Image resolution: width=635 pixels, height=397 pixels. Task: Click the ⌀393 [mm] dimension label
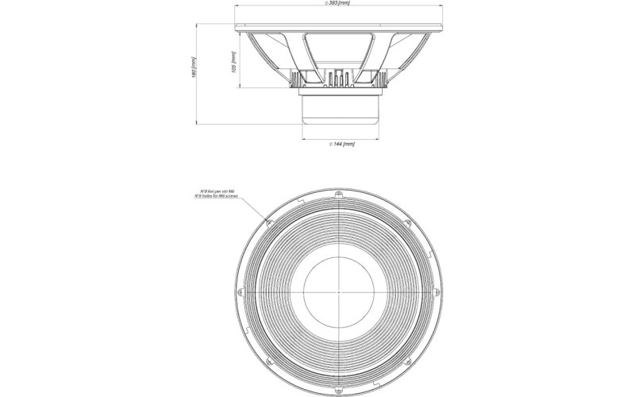(x=337, y=4)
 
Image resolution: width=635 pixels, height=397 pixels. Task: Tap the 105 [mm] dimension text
(x=233, y=61)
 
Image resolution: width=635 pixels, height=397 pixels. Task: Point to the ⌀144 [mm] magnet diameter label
(x=341, y=144)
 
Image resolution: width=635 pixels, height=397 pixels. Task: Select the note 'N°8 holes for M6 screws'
(x=221, y=196)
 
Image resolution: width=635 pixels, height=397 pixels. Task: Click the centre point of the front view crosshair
(x=341, y=291)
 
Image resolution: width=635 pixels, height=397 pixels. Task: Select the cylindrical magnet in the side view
(x=341, y=110)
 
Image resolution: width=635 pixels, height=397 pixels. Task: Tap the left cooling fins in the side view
(x=304, y=79)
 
